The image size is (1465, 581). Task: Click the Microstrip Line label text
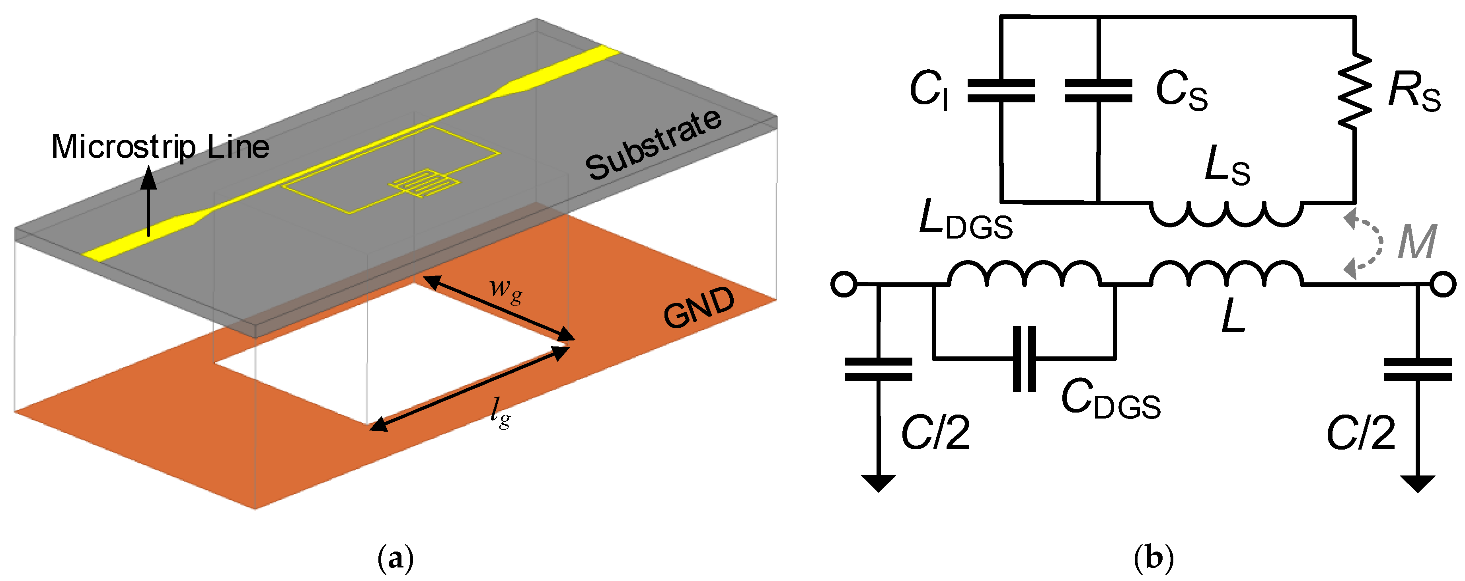click(x=160, y=147)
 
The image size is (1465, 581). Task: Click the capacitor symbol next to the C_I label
click(x=1001, y=91)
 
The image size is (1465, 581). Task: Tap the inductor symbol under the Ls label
click(x=1226, y=213)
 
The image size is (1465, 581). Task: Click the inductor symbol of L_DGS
click(x=1024, y=273)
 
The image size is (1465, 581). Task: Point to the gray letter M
click(x=1417, y=242)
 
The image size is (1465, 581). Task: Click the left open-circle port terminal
click(x=844, y=284)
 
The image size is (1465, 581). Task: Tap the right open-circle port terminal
click(x=1443, y=284)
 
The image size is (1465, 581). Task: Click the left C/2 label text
click(x=935, y=433)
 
